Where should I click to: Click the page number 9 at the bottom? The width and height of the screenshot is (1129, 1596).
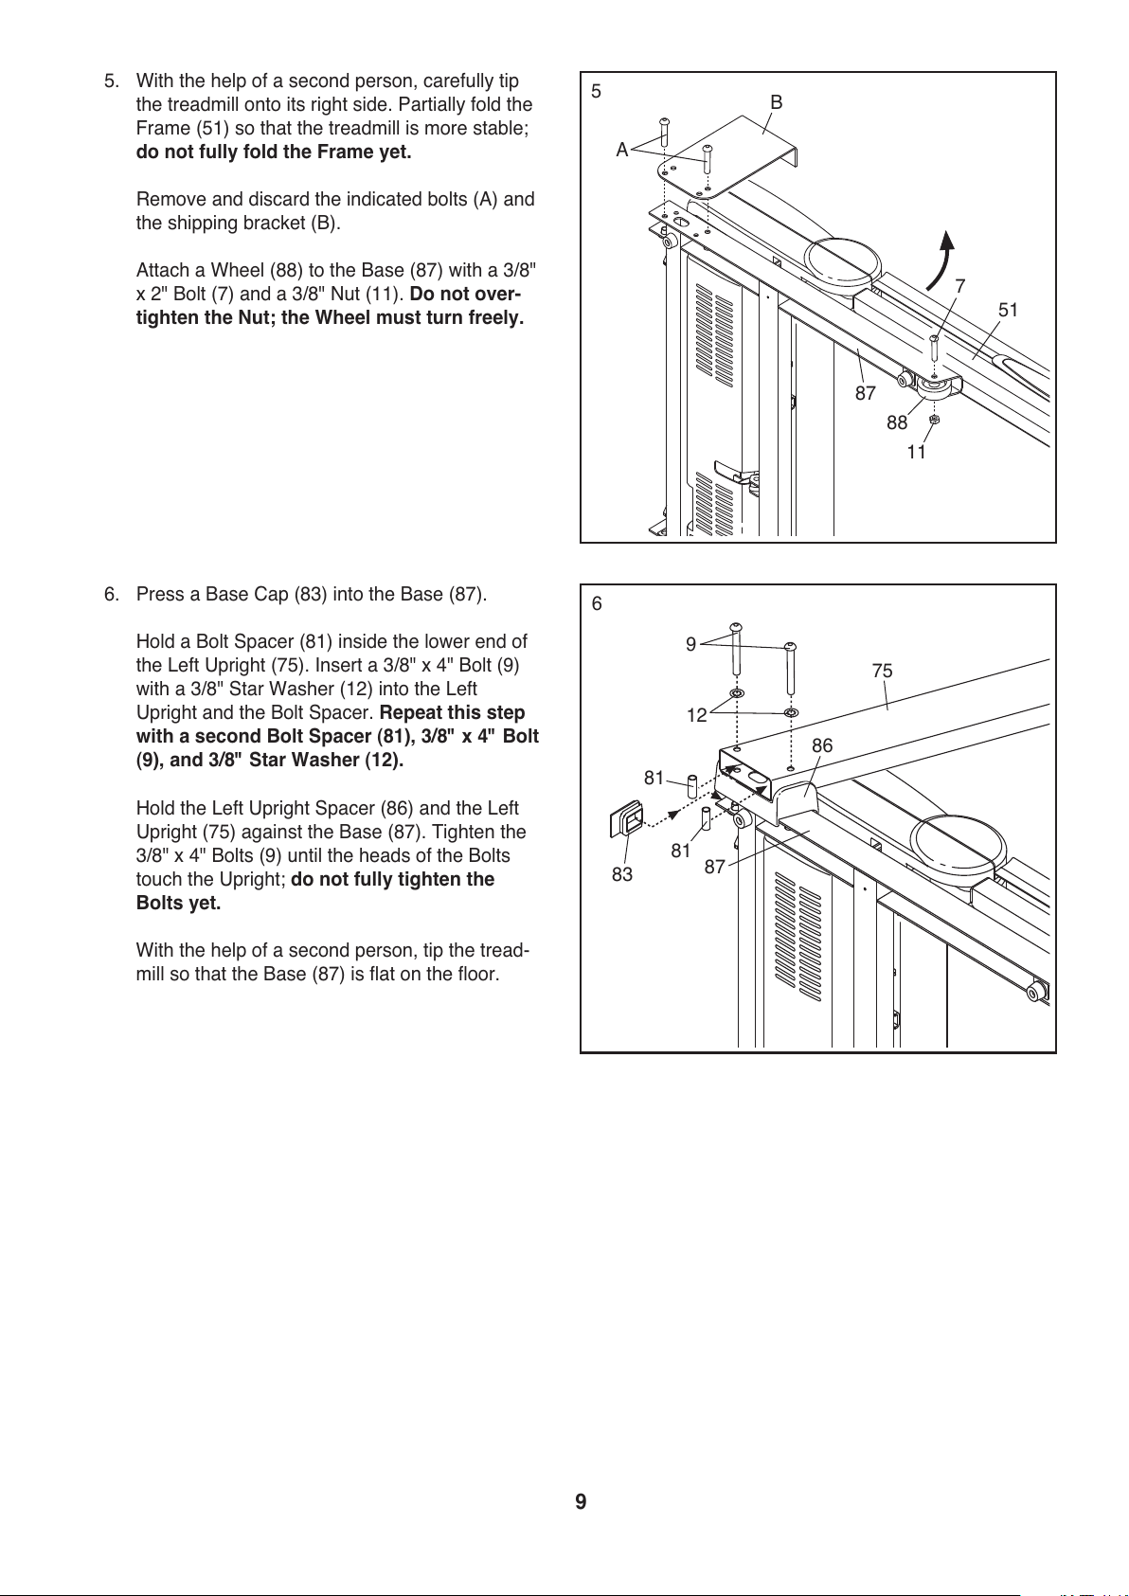coord(581,1501)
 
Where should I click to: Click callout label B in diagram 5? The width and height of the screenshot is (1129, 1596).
coord(776,102)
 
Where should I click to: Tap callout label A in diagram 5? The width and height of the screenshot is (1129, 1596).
coord(622,150)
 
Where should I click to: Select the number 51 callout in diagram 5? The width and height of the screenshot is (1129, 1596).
coord(1009,310)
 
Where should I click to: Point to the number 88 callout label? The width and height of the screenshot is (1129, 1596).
coord(897,422)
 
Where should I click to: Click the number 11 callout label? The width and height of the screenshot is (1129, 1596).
coord(916,453)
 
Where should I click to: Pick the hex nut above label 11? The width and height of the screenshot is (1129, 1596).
coord(935,419)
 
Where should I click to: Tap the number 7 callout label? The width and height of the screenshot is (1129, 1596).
coord(960,285)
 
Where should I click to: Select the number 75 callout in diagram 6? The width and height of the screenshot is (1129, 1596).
coord(882,671)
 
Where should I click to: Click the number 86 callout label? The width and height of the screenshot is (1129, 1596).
coord(822,746)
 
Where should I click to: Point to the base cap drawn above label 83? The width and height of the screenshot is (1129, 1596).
coord(627,819)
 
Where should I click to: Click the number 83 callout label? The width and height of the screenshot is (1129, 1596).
coord(622,874)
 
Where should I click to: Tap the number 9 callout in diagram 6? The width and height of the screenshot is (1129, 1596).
coord(691,644)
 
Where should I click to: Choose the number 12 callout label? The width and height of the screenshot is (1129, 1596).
coord(697,715)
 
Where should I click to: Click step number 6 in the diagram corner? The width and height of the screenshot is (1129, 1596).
coord(597,604)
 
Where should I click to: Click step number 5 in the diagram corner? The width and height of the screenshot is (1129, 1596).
coord(596,92)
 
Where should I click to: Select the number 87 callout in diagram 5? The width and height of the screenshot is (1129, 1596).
coord(866,393)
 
